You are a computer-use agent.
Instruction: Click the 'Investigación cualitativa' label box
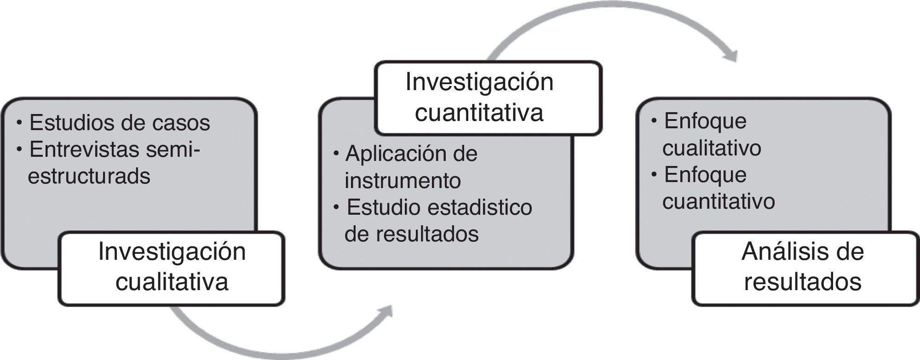pyautogui.click(x=172, y=268)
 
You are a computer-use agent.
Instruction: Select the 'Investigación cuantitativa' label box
pyautogui.click(x=489, y=98)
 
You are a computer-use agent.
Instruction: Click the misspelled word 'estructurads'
pyautogui.click(x=89, y=177)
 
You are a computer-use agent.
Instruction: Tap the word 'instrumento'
pyautogui.click(x=402, y=180)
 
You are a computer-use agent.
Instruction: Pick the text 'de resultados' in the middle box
pyautogui.click(x=412, y=234)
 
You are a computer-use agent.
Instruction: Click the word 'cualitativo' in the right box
pyautogui.click(x=712, y=148)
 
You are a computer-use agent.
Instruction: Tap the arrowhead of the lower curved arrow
pyautogui.click(x=385, y=312)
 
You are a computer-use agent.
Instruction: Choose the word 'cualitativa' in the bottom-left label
pyautogui.click(x=172, y=282)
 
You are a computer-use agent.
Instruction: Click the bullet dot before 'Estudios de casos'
pyautogui.click(x=19, y=123)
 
